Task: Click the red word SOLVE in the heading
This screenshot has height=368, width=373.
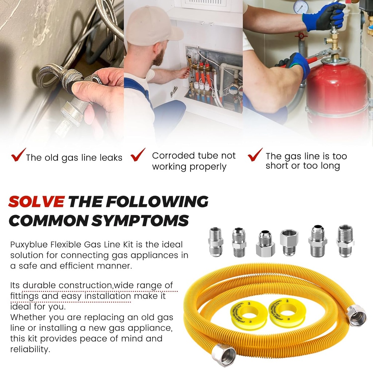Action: click(x=36, y=202)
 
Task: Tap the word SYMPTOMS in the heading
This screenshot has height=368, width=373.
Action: click(x=140, y=220)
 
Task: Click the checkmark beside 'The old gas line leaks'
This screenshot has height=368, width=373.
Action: click(x=18, y=154)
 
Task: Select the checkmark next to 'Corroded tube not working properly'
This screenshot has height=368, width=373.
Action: click(x=138, y=154)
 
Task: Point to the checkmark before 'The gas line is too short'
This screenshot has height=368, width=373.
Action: click(x=255, y=154)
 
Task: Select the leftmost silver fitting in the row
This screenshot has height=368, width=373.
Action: click(x=216, y=242)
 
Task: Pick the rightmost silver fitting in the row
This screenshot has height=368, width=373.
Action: click(x=345, y=241)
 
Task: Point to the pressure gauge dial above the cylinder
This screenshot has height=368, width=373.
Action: click(x=301, y=7)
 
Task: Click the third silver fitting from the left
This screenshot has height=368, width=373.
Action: click(x=265, y=243)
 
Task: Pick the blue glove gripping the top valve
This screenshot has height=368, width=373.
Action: click(x=324, y=17)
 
